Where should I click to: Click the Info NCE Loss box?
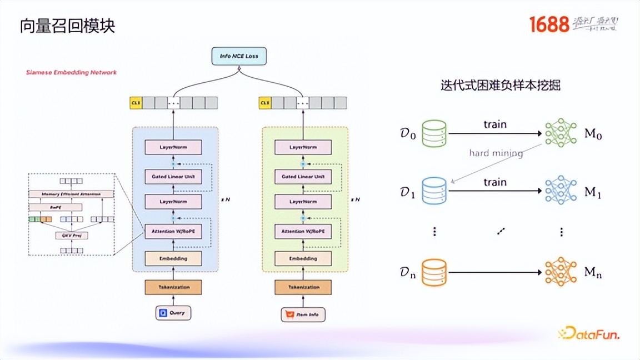[x=239, y=56]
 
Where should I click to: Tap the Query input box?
[x=173, y=313]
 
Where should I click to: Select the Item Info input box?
[x=303, y=314]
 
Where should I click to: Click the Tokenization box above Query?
[x=173, y=287]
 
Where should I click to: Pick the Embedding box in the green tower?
[x=303, y=258]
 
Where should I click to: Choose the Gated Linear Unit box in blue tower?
[x=173, y=177]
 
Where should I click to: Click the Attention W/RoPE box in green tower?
[x=303, y=231]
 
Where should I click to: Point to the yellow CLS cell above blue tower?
[x=136, y=103]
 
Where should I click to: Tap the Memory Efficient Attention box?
[x=71, y=194]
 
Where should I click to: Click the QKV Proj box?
[x=71, y=236]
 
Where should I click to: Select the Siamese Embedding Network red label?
[x=72, y=72]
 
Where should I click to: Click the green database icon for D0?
[x=434, y=133]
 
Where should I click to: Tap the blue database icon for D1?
[x=434, y=191]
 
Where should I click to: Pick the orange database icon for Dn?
[x=434, y=272]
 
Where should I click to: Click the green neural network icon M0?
[x=561, y=133]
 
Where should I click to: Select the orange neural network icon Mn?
[x=561, y=272]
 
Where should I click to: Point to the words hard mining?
[x=496, y=153]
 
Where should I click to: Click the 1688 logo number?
[x=549, y=24]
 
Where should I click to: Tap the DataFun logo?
[x=588, y=334]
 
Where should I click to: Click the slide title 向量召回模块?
[x=67, y=26]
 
